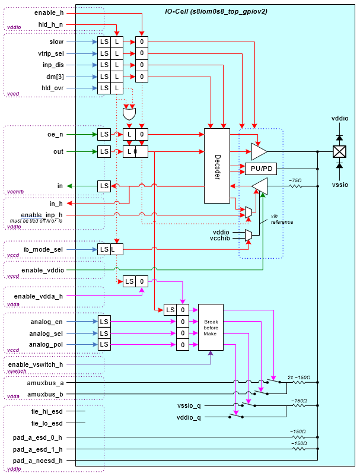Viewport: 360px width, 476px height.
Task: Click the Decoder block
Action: coord(217,165)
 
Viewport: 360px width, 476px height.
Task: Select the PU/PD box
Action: coord(261,169)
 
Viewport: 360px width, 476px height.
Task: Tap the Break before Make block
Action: coord(211,327)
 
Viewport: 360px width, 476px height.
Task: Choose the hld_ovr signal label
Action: coord(52,88)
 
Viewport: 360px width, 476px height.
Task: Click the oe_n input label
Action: coord(55,134)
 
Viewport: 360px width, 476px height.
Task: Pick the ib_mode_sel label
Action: coord(42,249)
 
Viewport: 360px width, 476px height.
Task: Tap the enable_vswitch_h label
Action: coord(36,364)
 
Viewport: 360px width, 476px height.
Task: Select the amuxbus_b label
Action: coord(45,394)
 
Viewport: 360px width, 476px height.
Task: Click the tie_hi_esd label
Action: coord(47,411)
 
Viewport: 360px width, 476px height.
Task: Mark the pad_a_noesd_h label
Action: coord(38,460)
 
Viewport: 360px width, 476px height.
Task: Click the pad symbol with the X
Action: coord(339,151)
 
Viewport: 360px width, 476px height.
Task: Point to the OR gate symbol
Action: coord(129,112)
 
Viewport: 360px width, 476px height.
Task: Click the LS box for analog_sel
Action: coord(104,333)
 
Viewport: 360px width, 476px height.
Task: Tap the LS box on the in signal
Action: coord(104,186)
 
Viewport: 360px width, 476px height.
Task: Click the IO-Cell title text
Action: coord(216,11)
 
